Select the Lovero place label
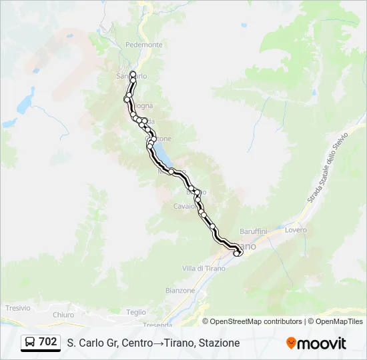coord(296,230)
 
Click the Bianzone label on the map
coord(180,291)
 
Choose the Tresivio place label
coord(18,308)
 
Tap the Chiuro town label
coord(63,315)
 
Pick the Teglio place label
coord(135,312)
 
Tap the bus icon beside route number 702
coord(30,343)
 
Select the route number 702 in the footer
coord(48,342)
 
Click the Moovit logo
coord(316,343)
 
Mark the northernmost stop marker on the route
coord(133,73)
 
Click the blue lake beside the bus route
coord(161,155)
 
